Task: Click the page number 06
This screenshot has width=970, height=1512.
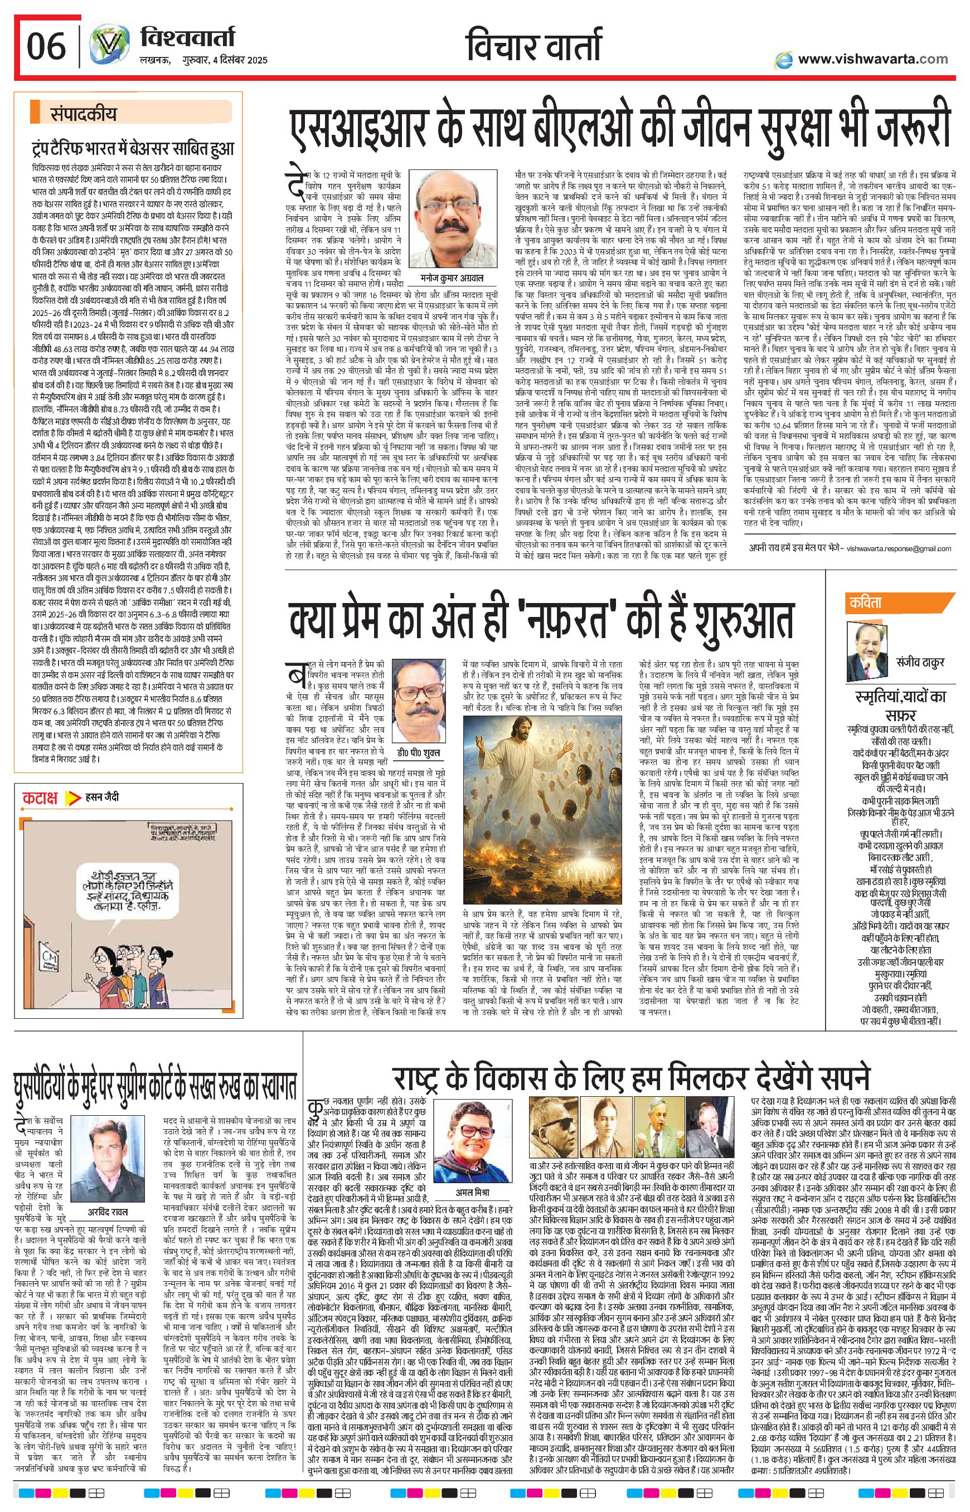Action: [x=46, y=46]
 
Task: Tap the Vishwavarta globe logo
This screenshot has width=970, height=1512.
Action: [x=108, y=47]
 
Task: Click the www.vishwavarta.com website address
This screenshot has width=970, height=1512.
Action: [x=872, y=59]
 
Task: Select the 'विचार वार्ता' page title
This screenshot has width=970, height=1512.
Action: [x=533, y=47]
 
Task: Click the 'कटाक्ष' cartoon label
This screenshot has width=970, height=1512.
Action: [x=40, y=798]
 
